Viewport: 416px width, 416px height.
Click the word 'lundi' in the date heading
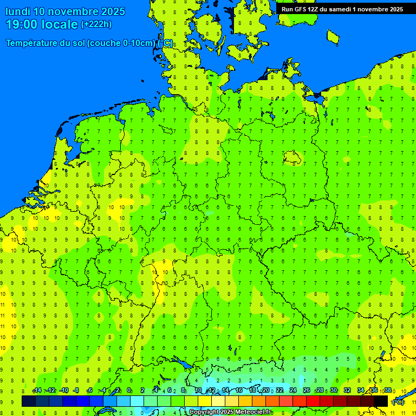tap(18, 11)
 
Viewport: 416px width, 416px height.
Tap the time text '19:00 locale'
tap(42, 24)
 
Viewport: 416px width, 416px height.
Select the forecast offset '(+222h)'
tap(96, 24)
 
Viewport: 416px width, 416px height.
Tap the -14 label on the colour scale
tap(37, 391)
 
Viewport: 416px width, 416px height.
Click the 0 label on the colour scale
tap(129, 391)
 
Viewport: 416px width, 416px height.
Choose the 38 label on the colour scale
tap(387, 391)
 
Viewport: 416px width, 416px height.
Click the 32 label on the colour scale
tap(347, 391)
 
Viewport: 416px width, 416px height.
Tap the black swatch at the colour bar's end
tap(381, 401)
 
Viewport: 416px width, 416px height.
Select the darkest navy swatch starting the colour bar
tap(29, 401)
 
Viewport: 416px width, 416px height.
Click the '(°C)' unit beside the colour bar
tap(398, 402)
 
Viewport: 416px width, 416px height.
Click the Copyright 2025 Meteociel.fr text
tap(230, 412)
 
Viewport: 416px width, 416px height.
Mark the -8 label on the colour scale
tap(76, 391)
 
